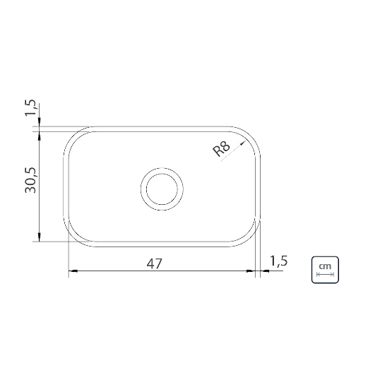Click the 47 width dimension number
tap(154, 264)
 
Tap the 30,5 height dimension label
tap(30, 180)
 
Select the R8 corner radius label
tap(221, 149)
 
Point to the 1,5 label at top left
tap(30, 107)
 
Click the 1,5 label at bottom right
tap(278, 261)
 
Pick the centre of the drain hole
tap(162, 189)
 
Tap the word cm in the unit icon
tap(325, 266)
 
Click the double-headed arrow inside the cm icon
tap(325, 274)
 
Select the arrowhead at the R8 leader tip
tap(242, 143)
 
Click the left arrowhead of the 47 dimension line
tap(73, 271)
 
